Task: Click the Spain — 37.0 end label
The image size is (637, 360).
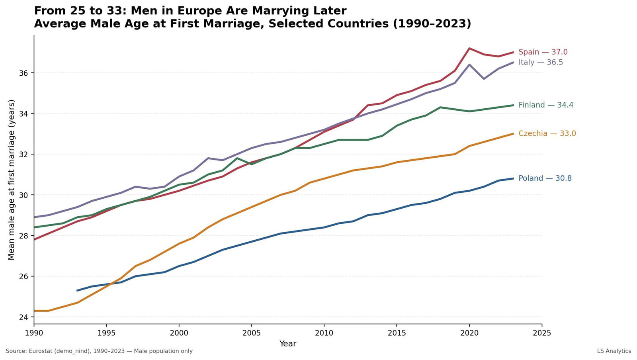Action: pyautogui.click(x=543, y=52)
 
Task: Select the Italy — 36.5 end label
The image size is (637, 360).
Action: pyautogui.click(x=540, y=63)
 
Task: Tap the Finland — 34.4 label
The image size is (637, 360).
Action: pyautogui.click(x=545, y=105)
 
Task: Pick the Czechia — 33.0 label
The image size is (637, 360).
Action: pyautogui.click(x=547, y=133)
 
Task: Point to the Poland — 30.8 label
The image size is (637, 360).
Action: pyautogui.click(x=545, y=178)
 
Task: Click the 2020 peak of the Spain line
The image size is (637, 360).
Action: pyautogui.click(x=469, y=48)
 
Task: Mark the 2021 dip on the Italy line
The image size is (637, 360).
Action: pyautogui.click(x=484, y=79)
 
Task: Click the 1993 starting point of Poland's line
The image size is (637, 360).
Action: pyautogui.click(x=77, y=290)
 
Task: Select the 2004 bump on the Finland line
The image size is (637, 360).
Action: pyautogui.click(x=237, y=158)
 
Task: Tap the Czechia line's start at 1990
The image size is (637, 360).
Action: pyautogui.click(x=34, y=311)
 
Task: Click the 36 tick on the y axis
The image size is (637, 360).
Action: pyautogui.click(x=24, y=73)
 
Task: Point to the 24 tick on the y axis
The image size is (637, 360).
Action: pyautogui.click(x=24, y=317)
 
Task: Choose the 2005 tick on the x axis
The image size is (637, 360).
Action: pyautogui.click(x=251, y=333)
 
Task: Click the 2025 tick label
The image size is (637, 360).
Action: pyautogui.click(x=542, y=333)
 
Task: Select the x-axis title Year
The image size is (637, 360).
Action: pyautogui.click(x=287, y=344)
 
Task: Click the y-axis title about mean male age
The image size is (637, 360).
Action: pyautogui.click(x=11, y=180)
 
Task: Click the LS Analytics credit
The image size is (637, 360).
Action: pyautogui.click(x=614, y=351)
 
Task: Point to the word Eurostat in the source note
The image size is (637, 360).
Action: pyautogui.click(x=42, y=351)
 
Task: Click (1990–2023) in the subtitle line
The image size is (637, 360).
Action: pyautogui.click(x=432, y=24)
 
